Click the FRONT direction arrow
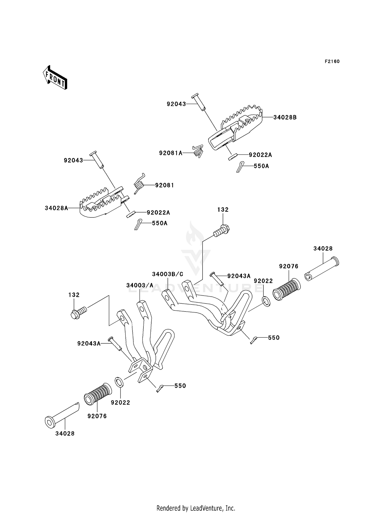coord(55,78)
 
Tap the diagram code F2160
coord(332,61)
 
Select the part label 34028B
coord(285,118)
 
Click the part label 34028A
coord(56,208)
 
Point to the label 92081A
coord(171,153)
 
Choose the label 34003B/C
coord(168,274)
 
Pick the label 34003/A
coord(140,285)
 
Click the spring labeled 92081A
coord(199,151)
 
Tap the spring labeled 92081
coord(139,183)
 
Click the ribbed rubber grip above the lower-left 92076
coord(98,394)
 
